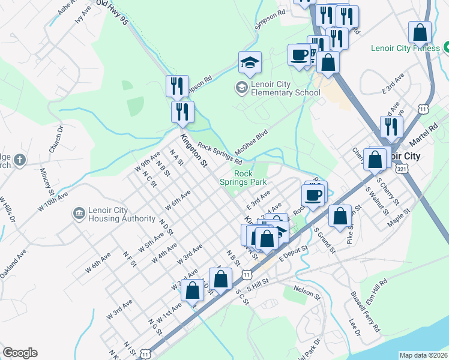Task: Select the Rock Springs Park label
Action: click(x=250, y=178)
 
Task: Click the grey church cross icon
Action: click(x=20, y=160)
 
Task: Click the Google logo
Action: click(x=20, y=353)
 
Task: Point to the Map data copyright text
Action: click(x=423, y=355)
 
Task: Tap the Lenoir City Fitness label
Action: click(x=405, y=48)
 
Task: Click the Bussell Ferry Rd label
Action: click(x=366, y=312)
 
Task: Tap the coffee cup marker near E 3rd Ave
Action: click(x=313, y=194)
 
